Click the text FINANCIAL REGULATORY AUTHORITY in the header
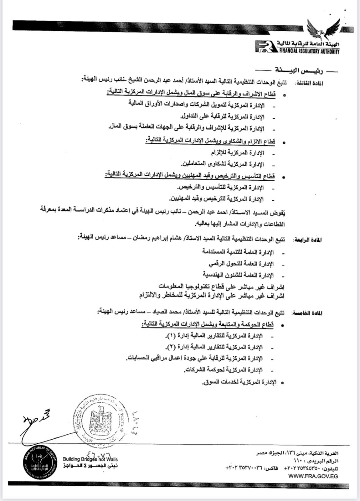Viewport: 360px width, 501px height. pos(309,52)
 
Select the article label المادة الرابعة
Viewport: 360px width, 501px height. pos(307,240)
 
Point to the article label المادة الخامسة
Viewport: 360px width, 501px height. pos(307,313)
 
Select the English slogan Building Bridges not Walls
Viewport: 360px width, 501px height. pos(90,459)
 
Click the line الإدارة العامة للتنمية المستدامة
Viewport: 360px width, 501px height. pos(238,252)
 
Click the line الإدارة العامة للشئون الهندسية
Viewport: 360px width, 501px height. pos(238,275)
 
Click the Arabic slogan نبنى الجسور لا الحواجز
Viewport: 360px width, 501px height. pos(90,466)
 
